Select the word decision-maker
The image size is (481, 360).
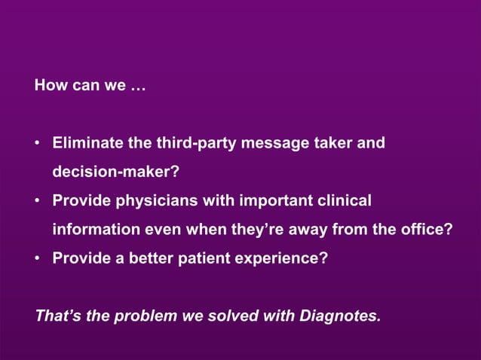click(x=115, y=172)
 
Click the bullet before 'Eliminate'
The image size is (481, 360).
click(x=37, y=144)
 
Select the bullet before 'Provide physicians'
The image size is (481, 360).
click(x=37, y=202)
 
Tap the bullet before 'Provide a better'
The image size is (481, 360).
click(x=37, y=259)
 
